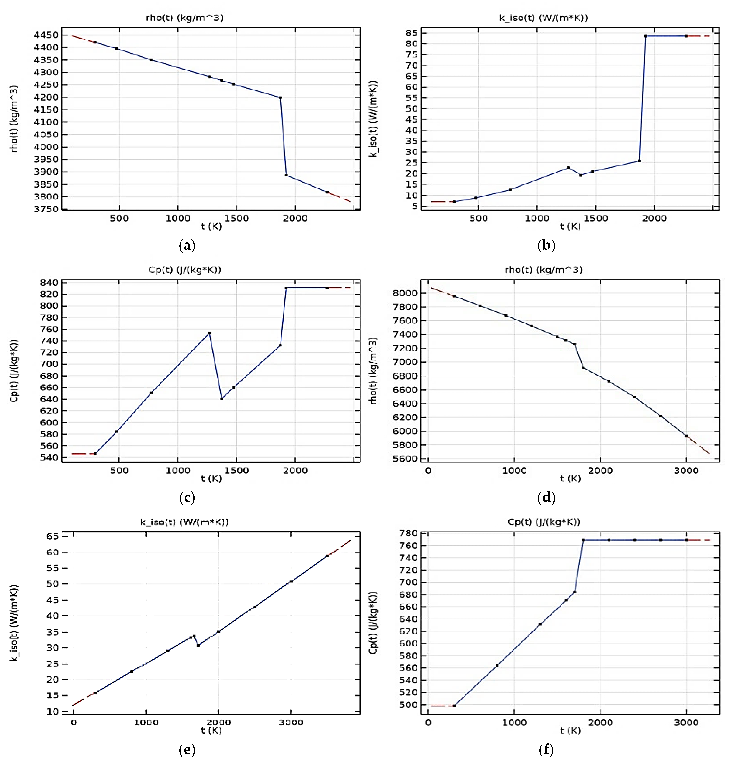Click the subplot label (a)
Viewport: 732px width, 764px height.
(x=187, y=245)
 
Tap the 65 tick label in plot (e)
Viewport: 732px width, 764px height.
(x=53, y=536)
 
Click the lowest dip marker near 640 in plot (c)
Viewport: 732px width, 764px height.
(x=221, y=398)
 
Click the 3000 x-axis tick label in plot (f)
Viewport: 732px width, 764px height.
(x=686, y=722)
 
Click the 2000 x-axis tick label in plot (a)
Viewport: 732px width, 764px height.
(x=295, y=218)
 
